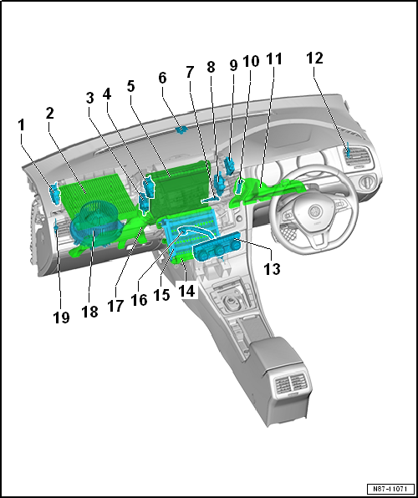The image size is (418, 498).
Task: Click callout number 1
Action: (21, 125)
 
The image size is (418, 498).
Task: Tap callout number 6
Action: (162, 78)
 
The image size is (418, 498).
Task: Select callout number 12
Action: (314, 58)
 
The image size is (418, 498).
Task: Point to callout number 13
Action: (272, 269)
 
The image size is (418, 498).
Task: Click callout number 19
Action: (61, 317)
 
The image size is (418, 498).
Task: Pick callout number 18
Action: (89, 311)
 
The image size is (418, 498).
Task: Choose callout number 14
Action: (187, 291)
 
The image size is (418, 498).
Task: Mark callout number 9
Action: (233, 65)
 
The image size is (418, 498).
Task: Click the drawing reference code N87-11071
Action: (390, 488)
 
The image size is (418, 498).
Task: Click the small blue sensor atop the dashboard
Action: (181, 130)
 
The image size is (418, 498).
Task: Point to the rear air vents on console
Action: (290, 384)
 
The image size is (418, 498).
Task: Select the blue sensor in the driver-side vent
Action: (349, 150)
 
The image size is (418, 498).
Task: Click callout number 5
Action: (130, 86)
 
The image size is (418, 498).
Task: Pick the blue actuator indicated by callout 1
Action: (54, 193)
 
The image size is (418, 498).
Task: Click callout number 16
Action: (139, 299)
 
